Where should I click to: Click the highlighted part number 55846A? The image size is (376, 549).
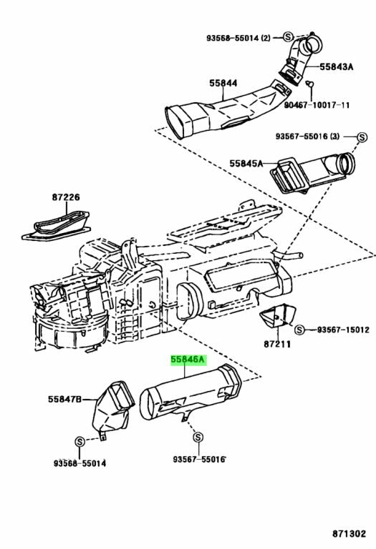tap(188, 362)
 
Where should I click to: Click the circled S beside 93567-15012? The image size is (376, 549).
tap(300, 330)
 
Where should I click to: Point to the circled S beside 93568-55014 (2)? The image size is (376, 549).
tap(286, 36)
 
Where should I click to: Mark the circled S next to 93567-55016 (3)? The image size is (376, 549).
tap(362, 135)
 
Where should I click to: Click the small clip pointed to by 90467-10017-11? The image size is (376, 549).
tap(308, 84)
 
